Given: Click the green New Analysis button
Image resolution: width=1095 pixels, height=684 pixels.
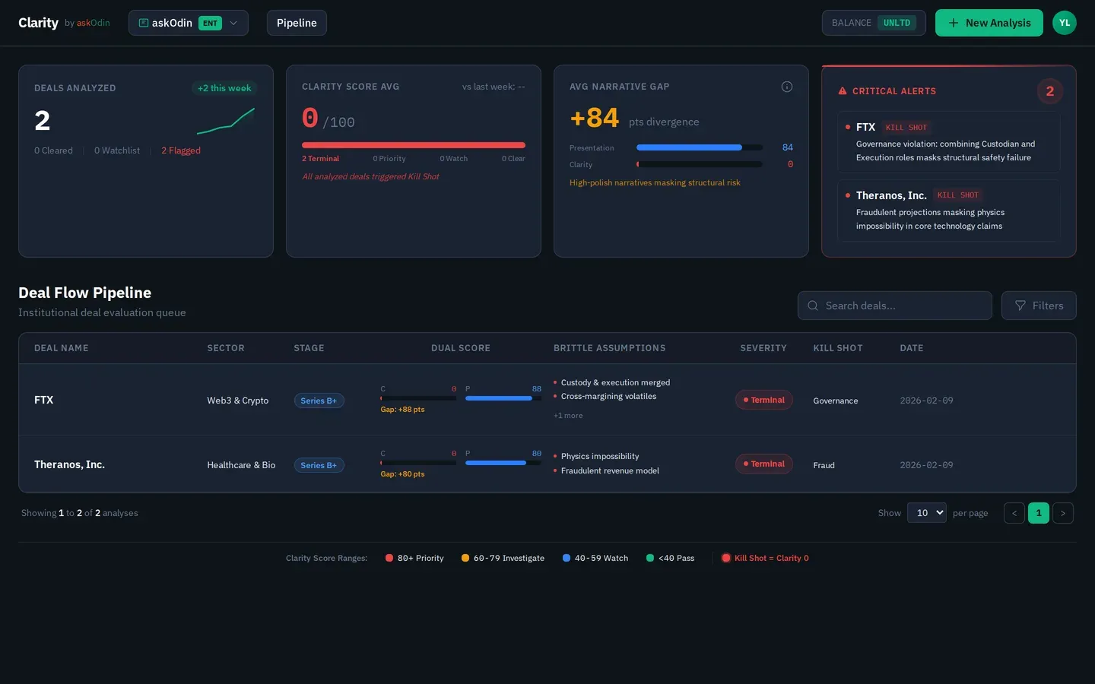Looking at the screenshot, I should (x=989, y=23).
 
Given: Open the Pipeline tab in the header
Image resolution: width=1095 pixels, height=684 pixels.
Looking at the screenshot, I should (x=297, y=23).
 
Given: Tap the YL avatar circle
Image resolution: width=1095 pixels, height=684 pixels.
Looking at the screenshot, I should (x=1064, y=23).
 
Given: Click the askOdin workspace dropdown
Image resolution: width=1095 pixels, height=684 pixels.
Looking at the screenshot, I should (x=188, y=23).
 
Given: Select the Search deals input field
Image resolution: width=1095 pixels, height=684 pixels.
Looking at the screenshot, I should (x=895, y=306).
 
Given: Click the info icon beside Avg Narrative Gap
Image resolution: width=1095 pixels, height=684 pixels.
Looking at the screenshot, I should (x=787, y=87).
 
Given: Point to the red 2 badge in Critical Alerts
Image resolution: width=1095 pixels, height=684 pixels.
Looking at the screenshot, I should (x=1049, y=91).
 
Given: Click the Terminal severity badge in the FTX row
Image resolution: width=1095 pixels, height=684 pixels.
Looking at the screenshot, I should (x=764, y=400).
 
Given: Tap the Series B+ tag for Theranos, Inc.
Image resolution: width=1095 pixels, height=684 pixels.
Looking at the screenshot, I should (x=319, y=465).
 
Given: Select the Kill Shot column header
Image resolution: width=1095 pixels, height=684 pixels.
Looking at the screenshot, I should (x=838, y=348).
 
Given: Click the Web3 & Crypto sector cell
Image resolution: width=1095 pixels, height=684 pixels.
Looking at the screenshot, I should (x=238, y=401).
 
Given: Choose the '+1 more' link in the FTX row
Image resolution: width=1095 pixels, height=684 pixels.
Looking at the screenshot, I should (x=568, y=416).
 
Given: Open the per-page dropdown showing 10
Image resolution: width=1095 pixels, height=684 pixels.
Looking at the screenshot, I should (x=926, y=513).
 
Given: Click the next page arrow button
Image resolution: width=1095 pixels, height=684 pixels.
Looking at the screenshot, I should (x=1063, y=513).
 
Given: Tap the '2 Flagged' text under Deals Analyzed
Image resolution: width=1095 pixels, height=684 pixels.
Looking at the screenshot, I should (x=181, y=150).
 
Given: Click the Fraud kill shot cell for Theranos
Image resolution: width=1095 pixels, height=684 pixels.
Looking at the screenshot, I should (x=824, y=465).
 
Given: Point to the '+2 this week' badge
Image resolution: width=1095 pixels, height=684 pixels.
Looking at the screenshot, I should (x=224, y=88).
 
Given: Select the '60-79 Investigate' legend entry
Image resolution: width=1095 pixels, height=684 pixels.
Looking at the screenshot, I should (x=503, y=558).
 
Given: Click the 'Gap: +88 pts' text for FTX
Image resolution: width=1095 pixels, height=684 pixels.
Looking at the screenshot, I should (x=402, y=410).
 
